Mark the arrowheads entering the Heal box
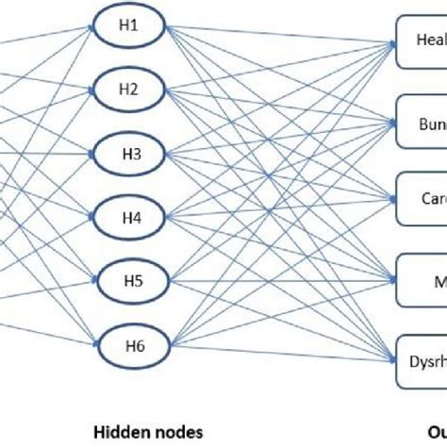point(389,41)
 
